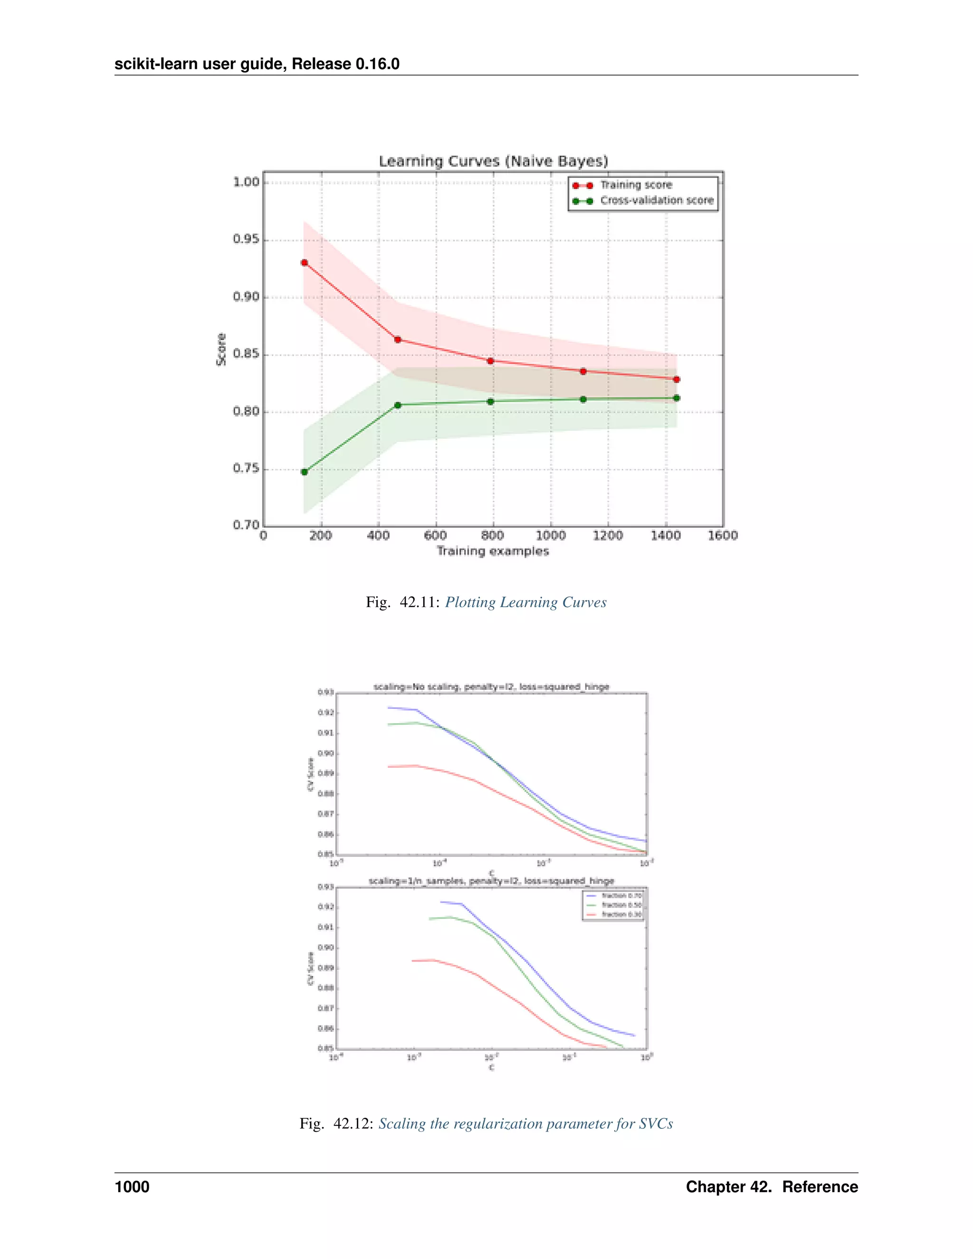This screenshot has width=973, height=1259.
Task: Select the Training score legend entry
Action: pyautogui.click(x=636, y=185)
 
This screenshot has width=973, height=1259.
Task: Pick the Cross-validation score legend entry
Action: pyautogui.click(x=657, y=200)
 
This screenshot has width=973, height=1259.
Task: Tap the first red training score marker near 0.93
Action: pyautogui.click(x=305, y=263)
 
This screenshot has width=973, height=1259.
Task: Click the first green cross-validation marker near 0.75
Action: pyautogui.click(x=305, y=472)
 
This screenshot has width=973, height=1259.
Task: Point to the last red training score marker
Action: pyautogui.click(x=676, y=379)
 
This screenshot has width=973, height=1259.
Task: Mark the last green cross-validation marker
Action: pyautogui.click(x=676, y=398)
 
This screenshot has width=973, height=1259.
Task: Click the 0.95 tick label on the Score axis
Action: pyautogui.click(x=246, y=240)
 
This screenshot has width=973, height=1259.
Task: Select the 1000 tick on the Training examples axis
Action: pyautogui.click(x=551, y=535)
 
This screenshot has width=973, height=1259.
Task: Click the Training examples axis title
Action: pyautogui.click(x=493, y=551)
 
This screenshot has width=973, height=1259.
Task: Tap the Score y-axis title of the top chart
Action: pyautogui.click(x=221, y=349)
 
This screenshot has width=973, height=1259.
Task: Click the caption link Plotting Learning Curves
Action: pyautogui.click(x=526, y=602)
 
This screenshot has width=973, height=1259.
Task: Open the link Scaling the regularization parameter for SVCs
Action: pyautogui.click(x=526, y=1124)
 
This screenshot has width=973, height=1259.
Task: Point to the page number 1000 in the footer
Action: pyautogui.click(x=132, y=1187)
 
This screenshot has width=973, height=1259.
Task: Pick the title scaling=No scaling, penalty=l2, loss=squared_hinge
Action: pyautogui.click(x=491, y=687)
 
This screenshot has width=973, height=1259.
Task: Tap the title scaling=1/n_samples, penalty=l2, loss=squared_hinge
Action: pyautogui.click(x=491, y=881)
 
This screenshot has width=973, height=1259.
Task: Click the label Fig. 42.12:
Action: pyautogui.click(x=337, y=1124)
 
